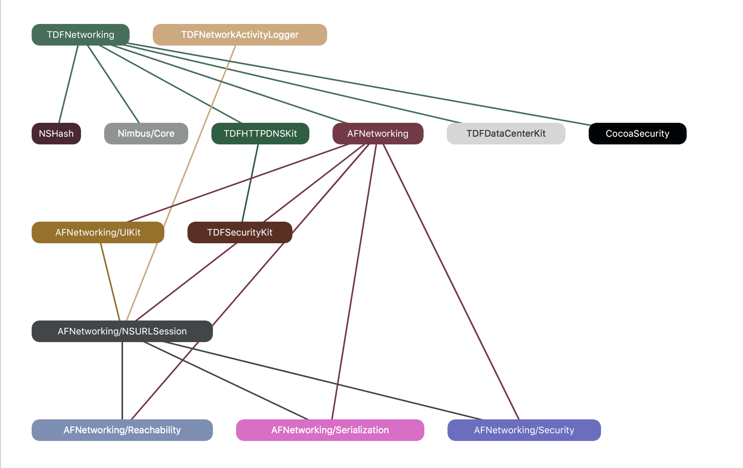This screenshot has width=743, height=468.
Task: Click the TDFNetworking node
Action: [x=80, y=35]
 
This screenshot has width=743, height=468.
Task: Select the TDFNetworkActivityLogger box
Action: [x=240, y=35]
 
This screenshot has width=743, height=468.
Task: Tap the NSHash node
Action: [x=56, y=134]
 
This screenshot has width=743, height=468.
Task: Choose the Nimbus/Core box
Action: [x=146, y=134]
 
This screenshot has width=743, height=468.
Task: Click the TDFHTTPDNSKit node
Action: [x=260, y=134]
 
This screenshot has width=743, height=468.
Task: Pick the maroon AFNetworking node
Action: [x=378, y=134]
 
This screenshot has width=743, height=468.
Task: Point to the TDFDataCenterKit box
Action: [x=506, y=134]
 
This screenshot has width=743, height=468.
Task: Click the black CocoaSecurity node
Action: [x=637, y=134]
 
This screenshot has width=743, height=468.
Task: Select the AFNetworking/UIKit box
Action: [x=98, y=232]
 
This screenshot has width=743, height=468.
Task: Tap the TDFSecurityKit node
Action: [x=240, y=232]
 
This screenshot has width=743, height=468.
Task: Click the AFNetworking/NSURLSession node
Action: [x=122, y=331]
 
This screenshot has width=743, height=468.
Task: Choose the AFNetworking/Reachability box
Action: [x=122, y=430]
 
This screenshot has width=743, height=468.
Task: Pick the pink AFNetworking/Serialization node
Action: [x=330, y=430]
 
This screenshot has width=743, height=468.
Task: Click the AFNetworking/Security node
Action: [x=524, y=430]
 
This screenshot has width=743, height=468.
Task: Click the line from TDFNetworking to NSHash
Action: [x=68, y=84]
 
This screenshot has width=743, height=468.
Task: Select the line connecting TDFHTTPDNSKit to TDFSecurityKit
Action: [x=250, y=183]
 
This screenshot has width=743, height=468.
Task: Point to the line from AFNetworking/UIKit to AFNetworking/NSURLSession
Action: [x=110, y=282]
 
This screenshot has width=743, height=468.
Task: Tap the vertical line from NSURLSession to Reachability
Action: [x=122, y=381]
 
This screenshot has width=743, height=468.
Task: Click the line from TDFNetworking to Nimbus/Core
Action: [x=113, y=84]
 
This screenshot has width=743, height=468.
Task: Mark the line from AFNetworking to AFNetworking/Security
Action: [x=451, y=282]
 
